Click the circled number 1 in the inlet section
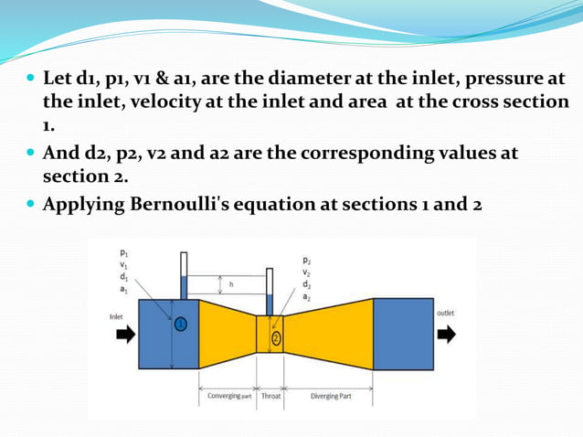(x=181, y=324)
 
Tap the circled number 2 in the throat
(x=276, y=338)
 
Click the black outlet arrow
(x=446, y=334)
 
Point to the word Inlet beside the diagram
(x=117, y=315)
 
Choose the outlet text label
(x=446, y=313)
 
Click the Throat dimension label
(x=271, y=396)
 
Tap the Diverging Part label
(x=331, y=396)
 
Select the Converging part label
(x=228, y=396)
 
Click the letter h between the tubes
(x=231, y=284)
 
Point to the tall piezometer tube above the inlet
(x=184, y=274)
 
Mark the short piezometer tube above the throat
(x=269, y=291)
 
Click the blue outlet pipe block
(x=403, y=334)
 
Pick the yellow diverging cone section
(x=329, y=334)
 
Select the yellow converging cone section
(x=226, y=334)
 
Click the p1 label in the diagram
(x=124, y=251)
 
